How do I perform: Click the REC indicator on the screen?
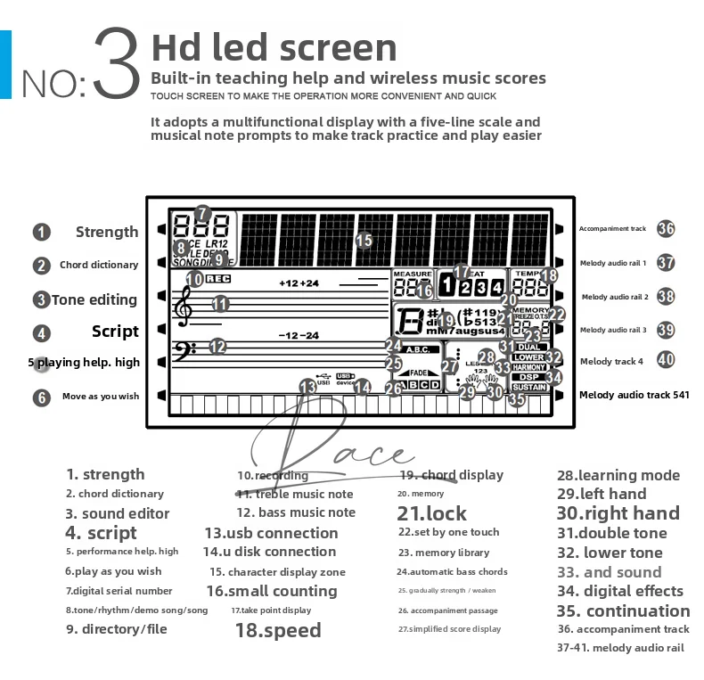217,278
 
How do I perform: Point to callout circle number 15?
364,240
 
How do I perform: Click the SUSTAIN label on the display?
529,388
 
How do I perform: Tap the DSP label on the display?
527,377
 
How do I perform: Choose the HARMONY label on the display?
529,367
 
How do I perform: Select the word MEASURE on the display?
413,274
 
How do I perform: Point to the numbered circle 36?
666,228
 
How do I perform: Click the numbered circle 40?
666,361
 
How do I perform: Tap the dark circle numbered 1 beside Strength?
42,233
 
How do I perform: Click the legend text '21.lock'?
431,513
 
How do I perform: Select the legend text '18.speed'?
278,630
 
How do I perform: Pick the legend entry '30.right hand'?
618,513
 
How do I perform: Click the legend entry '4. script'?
101,533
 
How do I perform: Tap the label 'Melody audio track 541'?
634,394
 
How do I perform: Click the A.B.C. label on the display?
416,349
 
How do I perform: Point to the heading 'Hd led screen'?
274,47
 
